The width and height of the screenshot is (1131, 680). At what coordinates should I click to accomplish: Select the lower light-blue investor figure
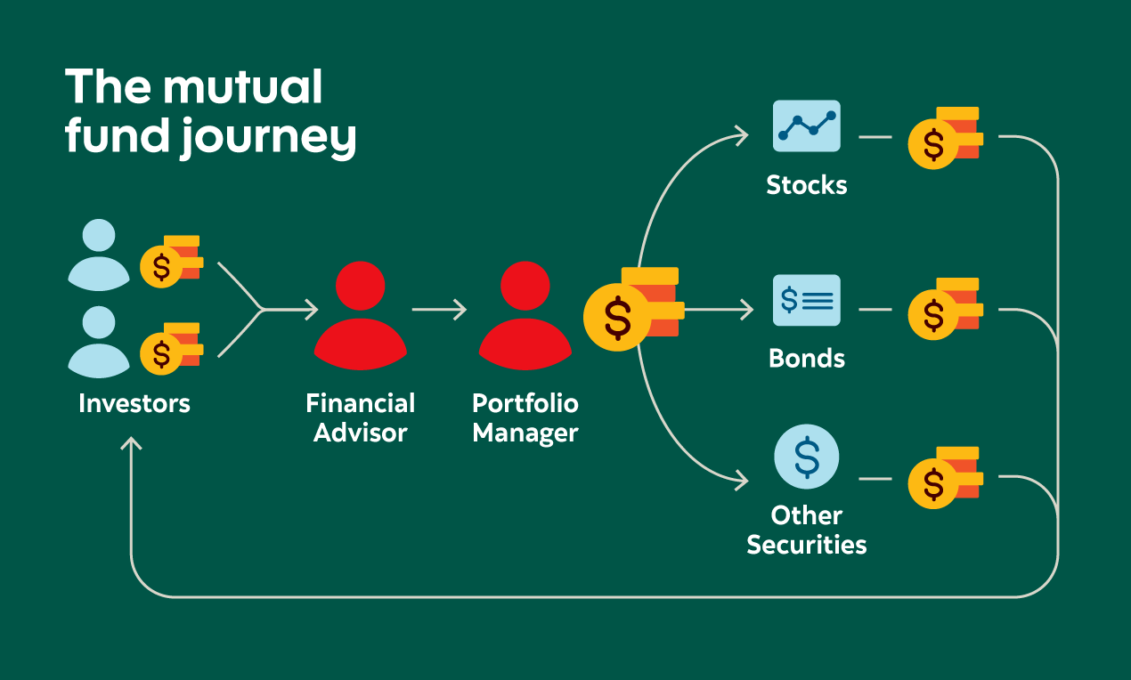[99, 342]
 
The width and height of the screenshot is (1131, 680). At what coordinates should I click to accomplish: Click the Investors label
[134, 403]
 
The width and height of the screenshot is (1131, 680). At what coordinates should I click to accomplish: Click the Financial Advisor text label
[361, 417]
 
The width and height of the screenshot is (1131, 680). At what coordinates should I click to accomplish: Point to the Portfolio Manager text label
[525, 417]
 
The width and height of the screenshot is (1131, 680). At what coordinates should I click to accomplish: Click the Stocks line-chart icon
[807, 125]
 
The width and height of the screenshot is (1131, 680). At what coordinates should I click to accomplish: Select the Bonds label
[807, 358]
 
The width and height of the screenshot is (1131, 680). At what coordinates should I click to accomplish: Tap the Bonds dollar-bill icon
[807, 300]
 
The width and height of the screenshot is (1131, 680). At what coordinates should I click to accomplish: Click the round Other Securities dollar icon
[807, 457]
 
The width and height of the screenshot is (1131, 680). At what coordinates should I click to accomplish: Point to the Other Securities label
[807, 530]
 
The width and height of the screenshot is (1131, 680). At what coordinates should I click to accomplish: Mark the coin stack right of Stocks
[944, 138]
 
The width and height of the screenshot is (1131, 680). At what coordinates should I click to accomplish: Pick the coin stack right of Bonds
[944, 309]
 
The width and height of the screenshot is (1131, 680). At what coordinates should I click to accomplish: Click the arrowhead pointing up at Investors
[132, 444]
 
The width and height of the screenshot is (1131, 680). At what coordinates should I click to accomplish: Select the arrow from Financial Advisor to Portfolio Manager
[439, 310]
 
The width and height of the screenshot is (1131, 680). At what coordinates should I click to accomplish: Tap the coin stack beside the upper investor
[171, 260]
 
